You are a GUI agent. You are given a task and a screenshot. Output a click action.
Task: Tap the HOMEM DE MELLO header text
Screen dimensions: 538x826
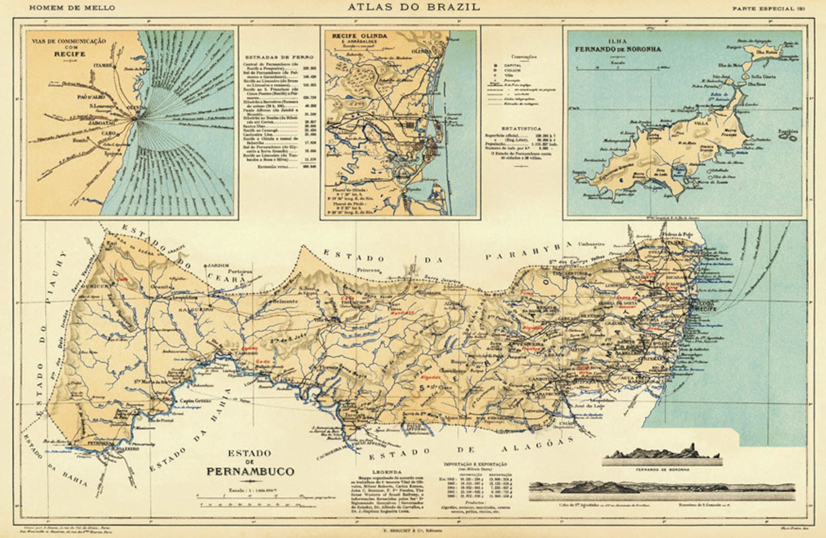(x=72, y=8)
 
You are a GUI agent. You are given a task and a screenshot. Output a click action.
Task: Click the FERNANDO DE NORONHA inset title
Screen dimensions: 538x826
(x=617, y=49)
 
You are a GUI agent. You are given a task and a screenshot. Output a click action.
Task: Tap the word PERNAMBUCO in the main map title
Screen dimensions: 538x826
(x=250, y=471)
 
